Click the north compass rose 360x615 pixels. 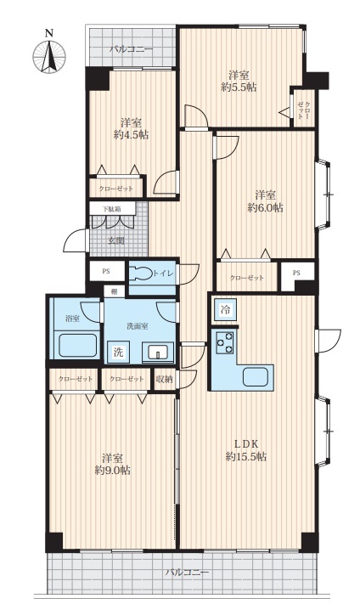click(49, 57)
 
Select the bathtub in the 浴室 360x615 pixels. click(77, 345)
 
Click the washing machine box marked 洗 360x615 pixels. click(118, 352)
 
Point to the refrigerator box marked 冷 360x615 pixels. click(226, 310)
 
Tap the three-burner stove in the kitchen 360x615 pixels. click(225, 341)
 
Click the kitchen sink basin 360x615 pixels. click(257, 377)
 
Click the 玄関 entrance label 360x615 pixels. click(116, 240)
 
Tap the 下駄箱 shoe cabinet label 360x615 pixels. click(112, 209)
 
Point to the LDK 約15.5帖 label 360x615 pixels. click(246, 450)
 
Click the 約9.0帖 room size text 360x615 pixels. click(113, 471)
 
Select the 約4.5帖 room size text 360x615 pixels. click(131, 135)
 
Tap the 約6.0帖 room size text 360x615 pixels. click(266, 208)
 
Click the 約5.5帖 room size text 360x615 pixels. click(239, 87)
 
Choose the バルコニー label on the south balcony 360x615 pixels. click(187, 573)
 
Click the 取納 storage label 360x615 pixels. click(165, 379)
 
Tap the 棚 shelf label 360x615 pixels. click(114, 291)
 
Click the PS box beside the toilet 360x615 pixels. click(106, 271)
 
